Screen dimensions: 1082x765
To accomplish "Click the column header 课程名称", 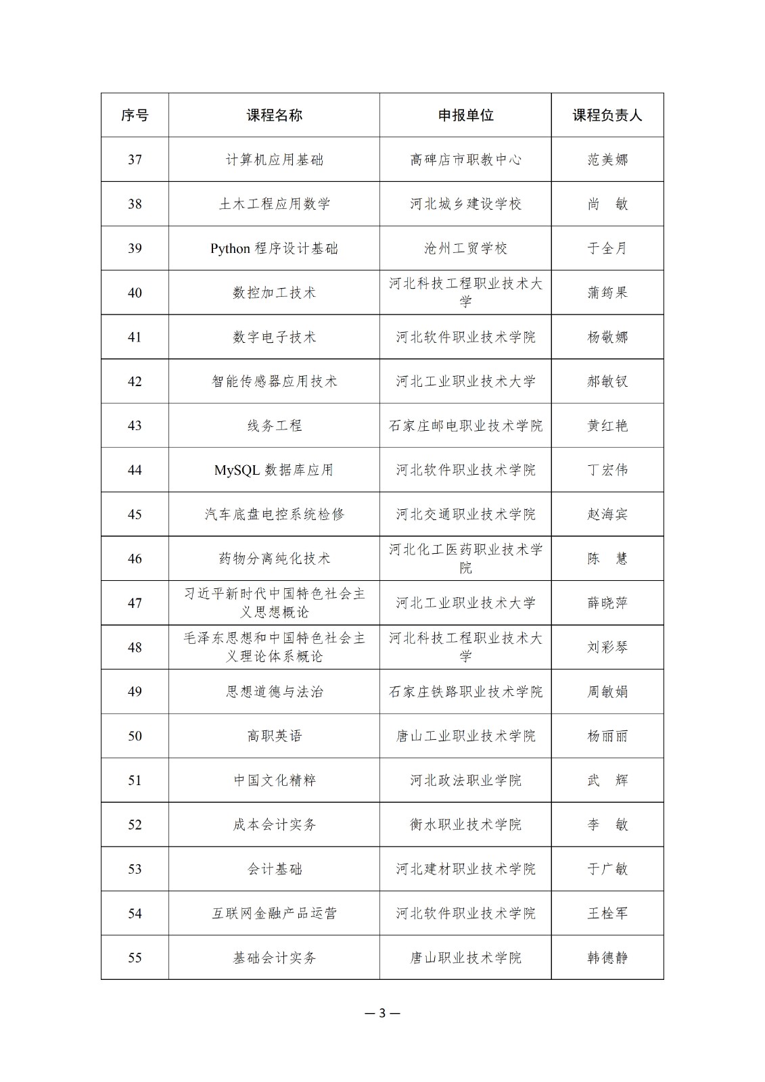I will pyautogui.click(x=274, y=115).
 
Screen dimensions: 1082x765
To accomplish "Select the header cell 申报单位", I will pyautogui.click(x=465, y=115).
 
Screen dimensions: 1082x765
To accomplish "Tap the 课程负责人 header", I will pyautogui.click(x=607, y=115).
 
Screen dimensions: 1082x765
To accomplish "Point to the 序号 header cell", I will pyautogui.click(x=135, y=115).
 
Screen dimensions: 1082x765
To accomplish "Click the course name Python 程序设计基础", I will pyautogui.click(x=274, y=248).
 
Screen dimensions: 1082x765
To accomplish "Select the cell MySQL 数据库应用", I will pyautogui.click(x=274, y=470).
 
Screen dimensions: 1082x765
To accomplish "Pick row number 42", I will pyautogui.click(x=135, y=381).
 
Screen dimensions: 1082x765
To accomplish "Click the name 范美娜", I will pyautogui.click(x=607, y=160).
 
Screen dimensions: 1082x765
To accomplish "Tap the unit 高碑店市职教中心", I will pyautogui.click(x=465, y=160).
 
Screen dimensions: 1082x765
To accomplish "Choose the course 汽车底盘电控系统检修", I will pyautogui.click(x=274, y=514).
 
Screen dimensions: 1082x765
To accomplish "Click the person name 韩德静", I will pyautogui.click(x=607, y=958).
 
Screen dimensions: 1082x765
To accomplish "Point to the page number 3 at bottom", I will pyautogui.click(x=382, y=1013).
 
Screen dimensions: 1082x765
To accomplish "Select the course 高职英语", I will pyautogui.click(x=274, y=736).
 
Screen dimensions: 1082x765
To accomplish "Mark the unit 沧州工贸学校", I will pyautogui.click(x=465, y=248).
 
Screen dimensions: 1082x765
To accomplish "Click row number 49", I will pyautogui.click(x=135, y=692).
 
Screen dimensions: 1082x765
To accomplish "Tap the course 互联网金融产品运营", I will pyautogui.click(x=274, y=914).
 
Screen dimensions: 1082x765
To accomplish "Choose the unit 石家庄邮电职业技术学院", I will pyautogui.click(x=465, y=425).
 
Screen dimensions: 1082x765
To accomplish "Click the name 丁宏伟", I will pyautogui.click(x=607, y=470).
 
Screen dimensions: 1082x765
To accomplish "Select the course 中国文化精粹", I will pyautogui.click(x=274, y=780).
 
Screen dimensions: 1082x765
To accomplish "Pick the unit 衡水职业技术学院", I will pyautogui.click(x=465, y=824).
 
